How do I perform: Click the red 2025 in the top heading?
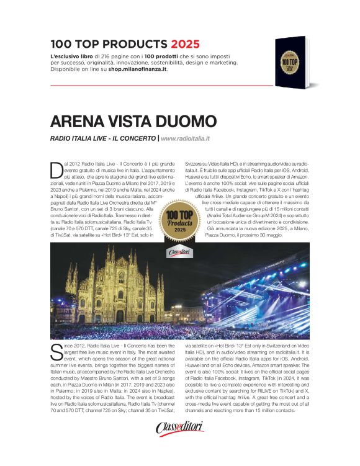click(x=186, y=44)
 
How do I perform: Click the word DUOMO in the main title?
click(x=178, y=120)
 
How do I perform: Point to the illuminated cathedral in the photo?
click(x=115, y=282)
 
